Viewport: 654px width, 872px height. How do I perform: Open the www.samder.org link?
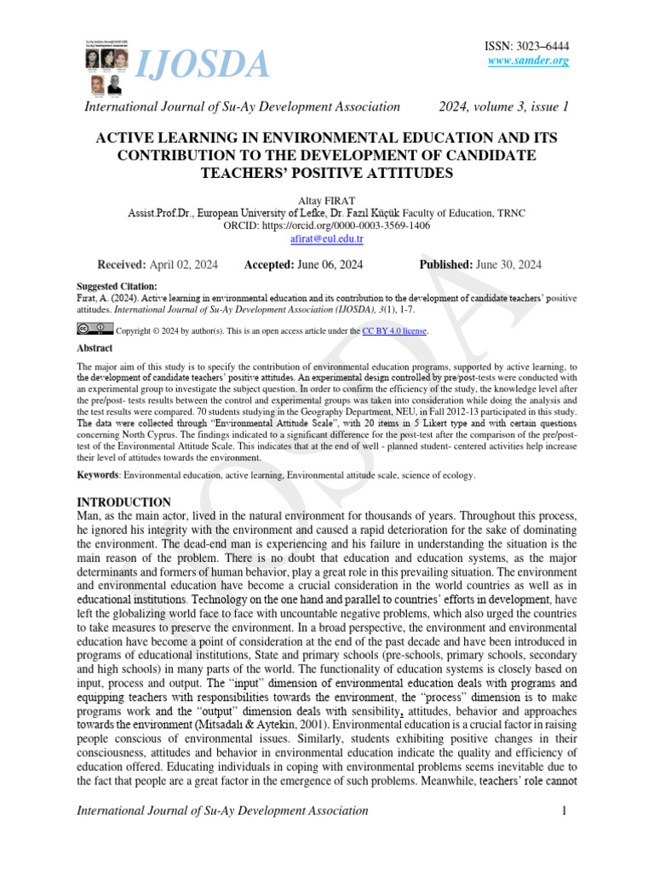tap(528, 61)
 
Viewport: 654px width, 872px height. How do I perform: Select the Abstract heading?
tap(95, 348)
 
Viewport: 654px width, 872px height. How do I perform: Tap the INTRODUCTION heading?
tap(124, 502)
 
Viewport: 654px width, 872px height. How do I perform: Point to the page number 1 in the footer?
tap(564, 811)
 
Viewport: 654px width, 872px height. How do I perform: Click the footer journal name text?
tap(222, 811)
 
